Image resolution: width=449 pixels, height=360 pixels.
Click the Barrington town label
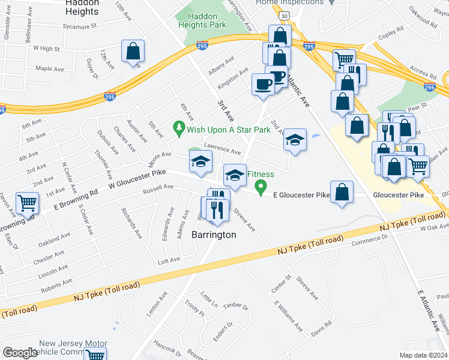click(x=214, y=235)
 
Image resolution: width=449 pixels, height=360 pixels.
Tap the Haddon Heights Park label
click(x=206, y=21)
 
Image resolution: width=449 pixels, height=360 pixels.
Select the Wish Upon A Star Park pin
click(x=178, y=128)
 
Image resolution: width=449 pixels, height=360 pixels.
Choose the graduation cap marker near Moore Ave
click(x=201, y=161)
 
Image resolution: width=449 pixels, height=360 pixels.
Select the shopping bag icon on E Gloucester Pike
click(x=342, y=193)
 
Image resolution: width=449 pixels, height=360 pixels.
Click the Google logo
click(x=20, y=353)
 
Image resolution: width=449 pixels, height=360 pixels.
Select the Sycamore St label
click(x=76, y=27)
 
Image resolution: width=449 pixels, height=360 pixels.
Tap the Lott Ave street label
click(x=168, y=260)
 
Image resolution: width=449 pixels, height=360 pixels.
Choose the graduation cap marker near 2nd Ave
click(x=295, y=141)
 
